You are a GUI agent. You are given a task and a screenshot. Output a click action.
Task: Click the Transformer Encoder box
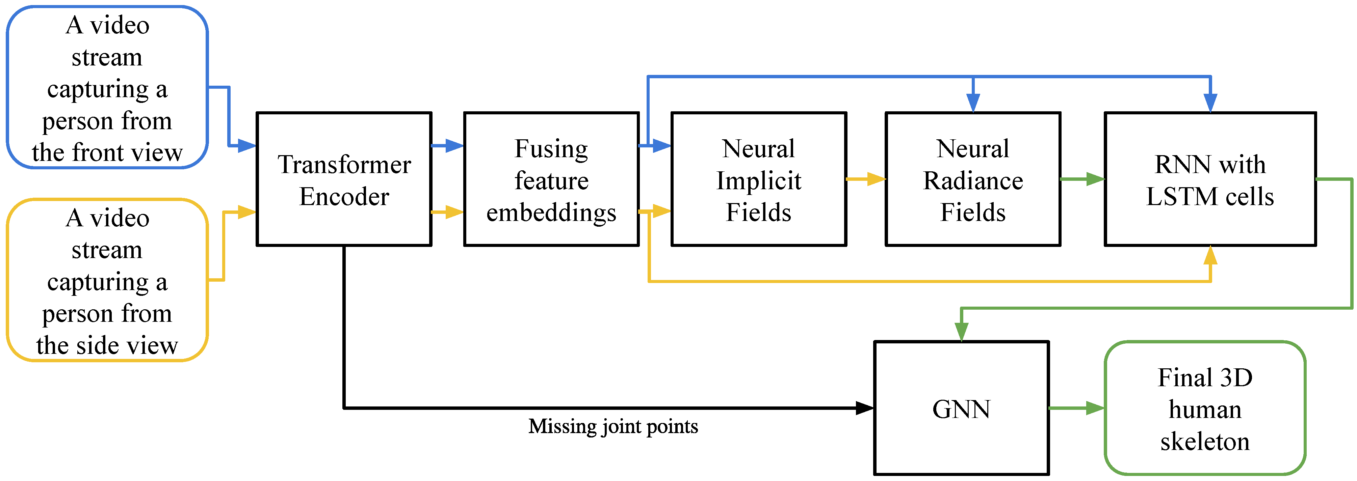(344, 179)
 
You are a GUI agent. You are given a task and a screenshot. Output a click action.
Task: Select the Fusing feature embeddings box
(551, 179)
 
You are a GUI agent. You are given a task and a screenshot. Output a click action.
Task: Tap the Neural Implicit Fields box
(759, 179)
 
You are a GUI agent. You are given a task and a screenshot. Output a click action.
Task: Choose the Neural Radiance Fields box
(972, 179)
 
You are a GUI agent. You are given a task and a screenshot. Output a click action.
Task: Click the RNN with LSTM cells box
(1210, 179)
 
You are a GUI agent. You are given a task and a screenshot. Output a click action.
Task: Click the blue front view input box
(107, 87)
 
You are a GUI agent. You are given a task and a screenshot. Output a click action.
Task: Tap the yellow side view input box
(107, 280)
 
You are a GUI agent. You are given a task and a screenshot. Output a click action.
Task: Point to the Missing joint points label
(613, 426)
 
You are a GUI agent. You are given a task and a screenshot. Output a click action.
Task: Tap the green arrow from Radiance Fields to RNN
(1082, 179)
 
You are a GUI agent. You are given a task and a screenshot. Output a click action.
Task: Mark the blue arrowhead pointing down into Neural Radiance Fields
(973, 102)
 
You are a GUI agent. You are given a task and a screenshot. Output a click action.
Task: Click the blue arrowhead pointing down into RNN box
(1210, 102)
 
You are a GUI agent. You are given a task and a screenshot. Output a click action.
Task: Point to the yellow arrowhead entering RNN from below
(1210, 256)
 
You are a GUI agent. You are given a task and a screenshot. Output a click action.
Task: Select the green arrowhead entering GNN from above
(961, 332)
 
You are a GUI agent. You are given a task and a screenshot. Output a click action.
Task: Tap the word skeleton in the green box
(1205, 441)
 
